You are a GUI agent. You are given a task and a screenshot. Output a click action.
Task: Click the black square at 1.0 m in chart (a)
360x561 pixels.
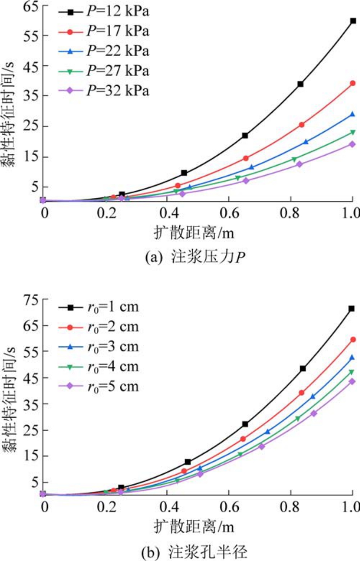(353, 21)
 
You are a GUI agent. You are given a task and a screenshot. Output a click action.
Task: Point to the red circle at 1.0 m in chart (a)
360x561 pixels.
(353, 83)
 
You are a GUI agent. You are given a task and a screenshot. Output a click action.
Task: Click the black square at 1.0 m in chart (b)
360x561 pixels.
(352, 309)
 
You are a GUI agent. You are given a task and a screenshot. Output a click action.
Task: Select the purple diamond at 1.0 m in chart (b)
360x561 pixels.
(352, 381)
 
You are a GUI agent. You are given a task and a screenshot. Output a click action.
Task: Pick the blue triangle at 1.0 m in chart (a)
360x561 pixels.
(352, 114)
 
